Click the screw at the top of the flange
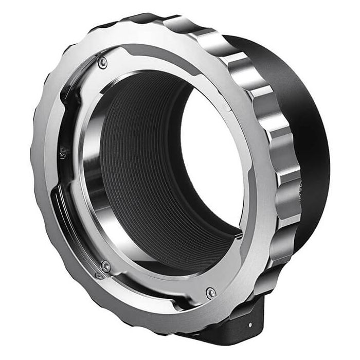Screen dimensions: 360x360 coord(102,62)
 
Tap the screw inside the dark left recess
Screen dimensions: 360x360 coord(63,152)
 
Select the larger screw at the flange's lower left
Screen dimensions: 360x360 coord(105,266)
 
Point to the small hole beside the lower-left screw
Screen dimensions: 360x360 coord(98,275)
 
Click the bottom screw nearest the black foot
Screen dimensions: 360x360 coord(210,293)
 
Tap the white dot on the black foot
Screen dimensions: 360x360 coord(250,325)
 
